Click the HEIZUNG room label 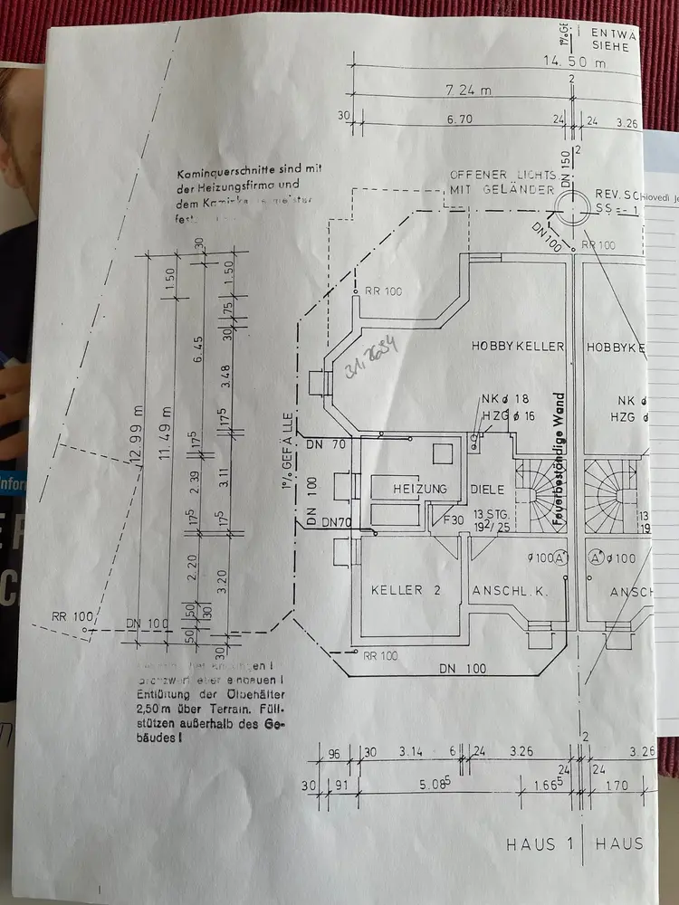[x=420, y=489]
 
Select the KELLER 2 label [x=406, y=590]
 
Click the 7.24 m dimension [x=471, y=91]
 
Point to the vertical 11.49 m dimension [x=166, y=434]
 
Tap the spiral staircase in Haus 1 [x=534, y=493]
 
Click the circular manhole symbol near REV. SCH [x=574, y=213]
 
